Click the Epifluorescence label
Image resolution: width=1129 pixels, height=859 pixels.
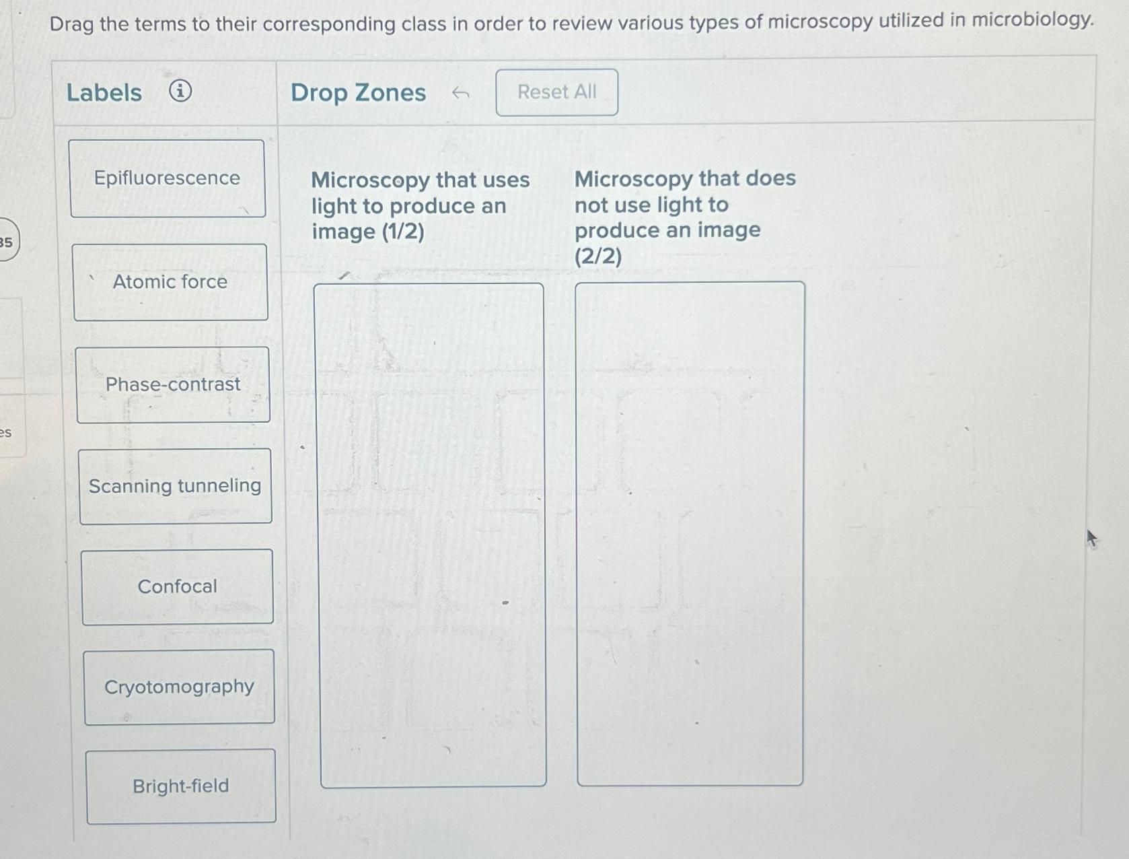point(167,178)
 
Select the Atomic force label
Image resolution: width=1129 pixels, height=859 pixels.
point(170,282)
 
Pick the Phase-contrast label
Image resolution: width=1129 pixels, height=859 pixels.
point(173,384)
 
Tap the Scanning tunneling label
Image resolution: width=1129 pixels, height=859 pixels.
point(175,486)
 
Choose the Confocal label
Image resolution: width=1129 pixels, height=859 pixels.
point(178,587)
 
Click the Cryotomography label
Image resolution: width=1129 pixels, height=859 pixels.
point(179,687)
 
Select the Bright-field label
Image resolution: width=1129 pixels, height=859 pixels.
point(180,786)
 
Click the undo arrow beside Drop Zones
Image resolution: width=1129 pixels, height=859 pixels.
point(460,93)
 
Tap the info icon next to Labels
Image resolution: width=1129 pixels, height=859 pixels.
point(180,90)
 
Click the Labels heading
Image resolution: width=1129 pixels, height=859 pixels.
point(104,92)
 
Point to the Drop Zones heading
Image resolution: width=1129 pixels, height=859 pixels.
point(358,93)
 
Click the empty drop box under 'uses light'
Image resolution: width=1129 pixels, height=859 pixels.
point(431,535)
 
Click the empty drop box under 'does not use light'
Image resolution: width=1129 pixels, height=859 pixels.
point(690,534)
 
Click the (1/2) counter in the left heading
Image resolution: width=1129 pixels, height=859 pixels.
point(402,232)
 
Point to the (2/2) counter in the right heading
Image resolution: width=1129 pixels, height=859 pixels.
point(598,256)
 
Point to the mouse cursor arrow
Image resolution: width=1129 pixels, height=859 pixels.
point(1091,538)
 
